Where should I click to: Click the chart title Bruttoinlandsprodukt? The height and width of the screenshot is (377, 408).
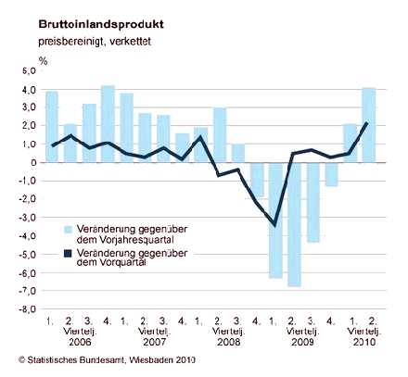tap(101, 24)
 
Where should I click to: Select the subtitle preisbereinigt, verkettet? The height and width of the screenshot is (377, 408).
tap(95, 42)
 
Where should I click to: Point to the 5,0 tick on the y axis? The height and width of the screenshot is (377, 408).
tap(30, 71)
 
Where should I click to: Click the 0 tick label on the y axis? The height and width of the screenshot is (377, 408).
tap(33, 163)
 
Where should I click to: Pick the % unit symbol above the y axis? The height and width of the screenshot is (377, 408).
tap(43, 61)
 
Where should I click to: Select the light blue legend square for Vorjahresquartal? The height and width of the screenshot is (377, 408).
tap(68, 230)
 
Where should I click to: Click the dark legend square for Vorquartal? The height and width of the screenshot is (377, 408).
tap(68, 254)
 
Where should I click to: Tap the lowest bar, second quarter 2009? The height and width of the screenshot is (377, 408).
tap(294, 224)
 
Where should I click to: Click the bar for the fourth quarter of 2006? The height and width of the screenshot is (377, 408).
tap(108, 124)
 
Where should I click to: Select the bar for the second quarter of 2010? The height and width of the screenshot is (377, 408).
tap(369, 125)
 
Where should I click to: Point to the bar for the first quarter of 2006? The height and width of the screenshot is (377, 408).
tap(52, 127)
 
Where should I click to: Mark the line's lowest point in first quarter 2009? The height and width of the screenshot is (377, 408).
tap(274, 226)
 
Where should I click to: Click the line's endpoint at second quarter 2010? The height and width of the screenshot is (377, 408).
tap(366, 123)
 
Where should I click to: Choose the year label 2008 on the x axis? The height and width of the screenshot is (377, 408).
tap(229, 342)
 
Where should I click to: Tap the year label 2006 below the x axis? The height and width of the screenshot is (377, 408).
tap(80, 342)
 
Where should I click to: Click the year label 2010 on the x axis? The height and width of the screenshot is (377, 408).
tap(364, 342)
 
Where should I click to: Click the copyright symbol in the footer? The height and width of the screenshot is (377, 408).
tap(21, 360)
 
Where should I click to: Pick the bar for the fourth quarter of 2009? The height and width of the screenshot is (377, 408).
tap(331, 174)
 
